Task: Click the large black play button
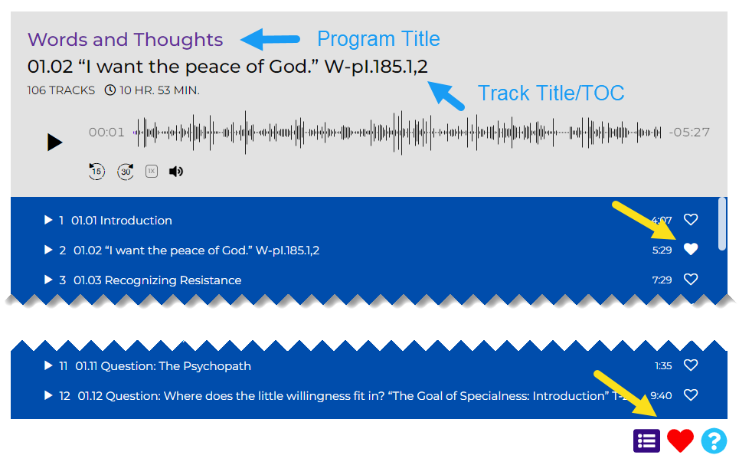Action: [x=54, y=142]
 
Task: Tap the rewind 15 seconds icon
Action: [x=96, y=171]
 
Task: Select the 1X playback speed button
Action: [x=152, y=171]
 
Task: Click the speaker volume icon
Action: [x=176, y=171]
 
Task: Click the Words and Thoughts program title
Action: [x=125, y=40]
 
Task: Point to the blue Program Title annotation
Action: [x=378, y=38]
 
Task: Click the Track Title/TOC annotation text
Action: [x=551, y=93]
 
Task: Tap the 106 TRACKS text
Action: [x=60, y=90]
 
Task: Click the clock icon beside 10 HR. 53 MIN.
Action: [x=110, y=90]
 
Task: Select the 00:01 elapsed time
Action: [x=106, y=132]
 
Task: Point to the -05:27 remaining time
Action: [x=689, y=132]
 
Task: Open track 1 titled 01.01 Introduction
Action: [x=122, y=220]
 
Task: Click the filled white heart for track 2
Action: [x=691, y=249]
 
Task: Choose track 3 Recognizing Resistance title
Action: [x=158, y=280]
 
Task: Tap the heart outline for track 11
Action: [x=691, y=365]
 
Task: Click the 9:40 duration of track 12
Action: [x=661, y=396]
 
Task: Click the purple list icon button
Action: [x=646, y=441]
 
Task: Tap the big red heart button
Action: [x=680, y=440]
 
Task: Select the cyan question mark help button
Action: [x=714, y=441]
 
